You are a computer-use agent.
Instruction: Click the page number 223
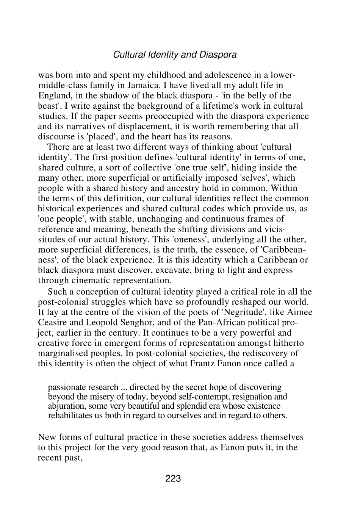pyautogui.click(x=173, y=479)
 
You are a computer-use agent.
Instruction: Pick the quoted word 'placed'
pyautogui.click(x=95, y=136)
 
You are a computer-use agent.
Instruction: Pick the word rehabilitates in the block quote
pyautogui.click(x=70, y=415)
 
